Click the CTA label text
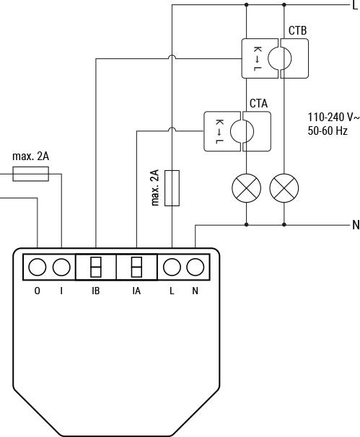[x=258, y=104]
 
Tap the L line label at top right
[x=354, y=4]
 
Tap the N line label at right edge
[x=355, y=225]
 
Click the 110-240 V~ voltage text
[x=332, y=118]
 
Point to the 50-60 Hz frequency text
[x=328, y=131]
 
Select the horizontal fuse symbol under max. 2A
[x=30, y=174]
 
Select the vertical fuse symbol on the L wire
[x=172, y=187]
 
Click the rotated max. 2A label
[x=154, y=188]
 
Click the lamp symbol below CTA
[x=246, y=188]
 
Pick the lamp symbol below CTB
[x=284, y=188]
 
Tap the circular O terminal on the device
[x=38, y=268]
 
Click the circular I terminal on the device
[x=62, y=268]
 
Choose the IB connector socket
[x=95, y=268]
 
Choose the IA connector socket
[x=136, y=268]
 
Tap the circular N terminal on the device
[x=195, y=268]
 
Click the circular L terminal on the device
[x=172, y=268]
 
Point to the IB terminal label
[x=95, y=291]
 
